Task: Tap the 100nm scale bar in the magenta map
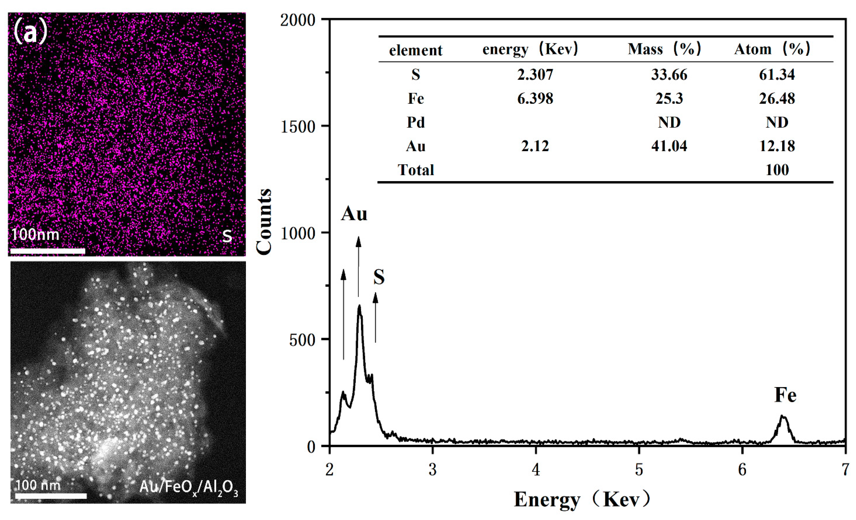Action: pos(47,251)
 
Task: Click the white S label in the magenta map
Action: pos(227,236)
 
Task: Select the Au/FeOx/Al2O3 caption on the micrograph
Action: pos(189,487)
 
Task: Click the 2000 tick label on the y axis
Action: pos(298,20)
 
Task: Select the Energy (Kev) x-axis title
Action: pos(582,500)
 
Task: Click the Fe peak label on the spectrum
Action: pos(785,395)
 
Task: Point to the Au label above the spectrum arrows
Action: pos(354,214)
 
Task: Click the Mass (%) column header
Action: pos(664,49)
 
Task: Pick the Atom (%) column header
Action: pos(772,49)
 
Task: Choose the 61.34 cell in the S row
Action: pos(777,75)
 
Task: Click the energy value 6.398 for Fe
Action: pos(535,99)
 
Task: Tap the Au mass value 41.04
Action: pos(669,146)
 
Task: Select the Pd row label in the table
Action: pos(416,122)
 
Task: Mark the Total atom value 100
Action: pos(777,170)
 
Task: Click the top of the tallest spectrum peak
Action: pos(359,306)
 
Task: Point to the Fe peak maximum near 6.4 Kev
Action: pos(782,416)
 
